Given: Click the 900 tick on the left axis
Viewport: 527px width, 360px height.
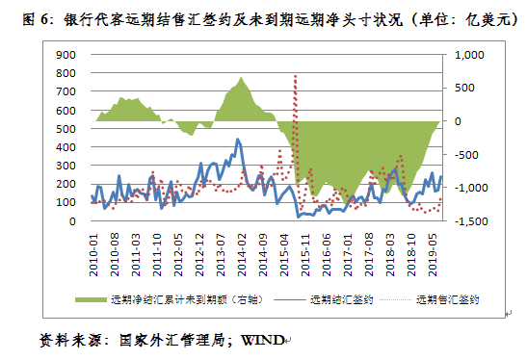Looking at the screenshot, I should [66, 56].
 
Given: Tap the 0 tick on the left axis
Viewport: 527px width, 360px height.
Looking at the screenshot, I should [72, 221].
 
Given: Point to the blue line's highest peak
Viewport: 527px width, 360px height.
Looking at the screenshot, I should [236, 141].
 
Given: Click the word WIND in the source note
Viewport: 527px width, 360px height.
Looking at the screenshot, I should [261, 340].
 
